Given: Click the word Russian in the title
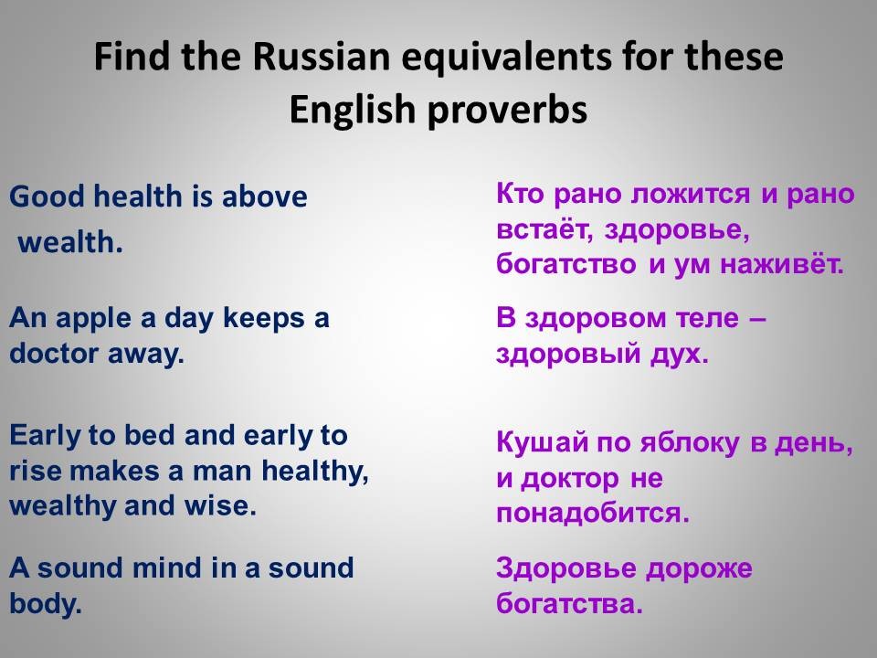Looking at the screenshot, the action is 321,57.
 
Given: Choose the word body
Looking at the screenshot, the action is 46,604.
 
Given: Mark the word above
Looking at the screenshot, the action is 265,196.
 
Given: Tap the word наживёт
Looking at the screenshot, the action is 781,264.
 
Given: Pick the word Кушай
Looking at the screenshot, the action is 543,442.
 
